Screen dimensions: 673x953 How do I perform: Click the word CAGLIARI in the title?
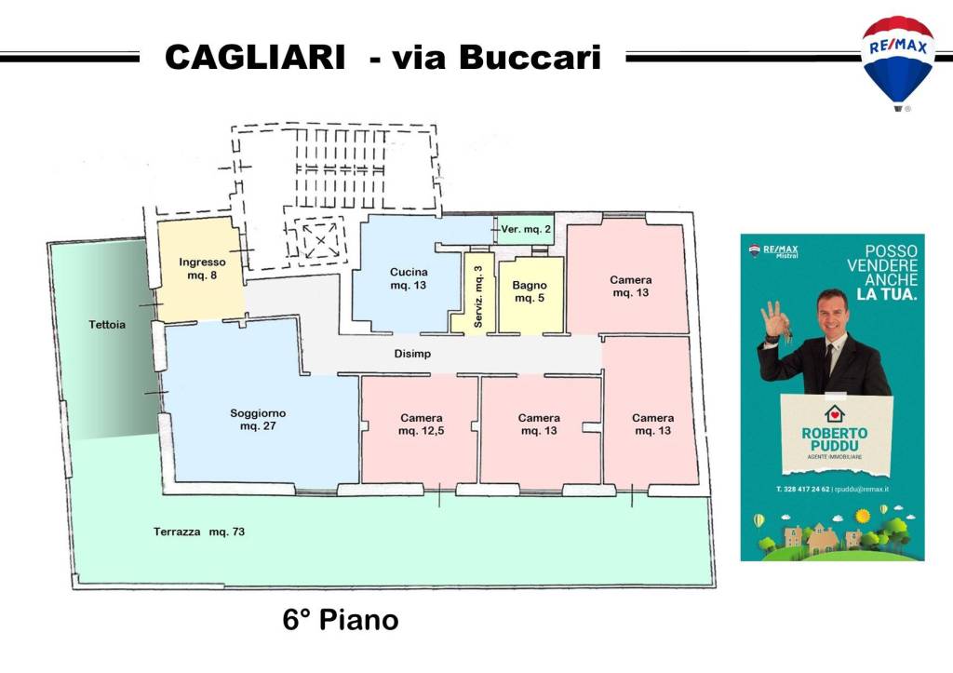pos(255,58)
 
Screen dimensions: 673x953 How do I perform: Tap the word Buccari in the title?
pos(530,58)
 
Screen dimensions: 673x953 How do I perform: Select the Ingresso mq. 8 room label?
pos(202,268)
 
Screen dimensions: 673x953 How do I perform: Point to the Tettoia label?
pos(107,325)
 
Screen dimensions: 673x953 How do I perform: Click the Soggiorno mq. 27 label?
pos(258,419)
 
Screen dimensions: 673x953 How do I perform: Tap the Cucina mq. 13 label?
pos(408,278)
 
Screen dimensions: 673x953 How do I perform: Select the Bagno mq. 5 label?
pos(530,292)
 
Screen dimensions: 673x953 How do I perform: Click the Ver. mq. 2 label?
pos(526,229)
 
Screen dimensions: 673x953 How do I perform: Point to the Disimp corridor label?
pos(412,354)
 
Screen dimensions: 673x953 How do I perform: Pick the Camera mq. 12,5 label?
pos(421,424)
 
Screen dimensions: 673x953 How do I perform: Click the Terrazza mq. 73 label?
pos(199,532)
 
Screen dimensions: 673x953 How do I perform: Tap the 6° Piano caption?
pos(341,620)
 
